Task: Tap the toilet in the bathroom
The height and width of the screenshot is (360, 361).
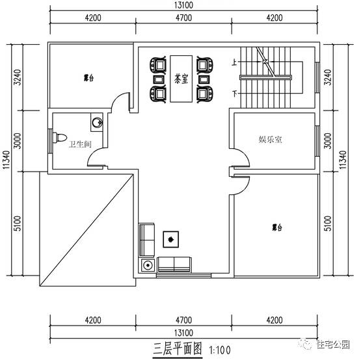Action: coord(59,139)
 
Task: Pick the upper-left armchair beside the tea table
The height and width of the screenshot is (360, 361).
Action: coord(157,65)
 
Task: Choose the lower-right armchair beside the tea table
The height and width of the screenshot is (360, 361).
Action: coord(204,94)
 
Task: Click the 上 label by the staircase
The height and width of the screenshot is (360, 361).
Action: coord(234,63)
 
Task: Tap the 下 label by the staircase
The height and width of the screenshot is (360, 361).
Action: coord(234,94)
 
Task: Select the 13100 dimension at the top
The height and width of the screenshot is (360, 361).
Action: coord(183,5)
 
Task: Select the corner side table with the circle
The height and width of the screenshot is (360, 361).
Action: coord(147,265)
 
